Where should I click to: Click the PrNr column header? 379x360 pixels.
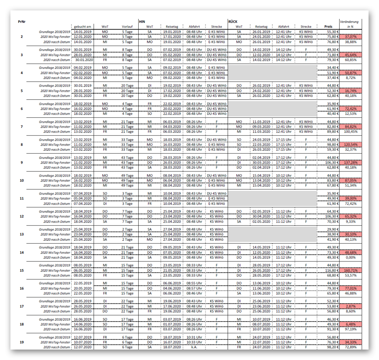pos(22,22)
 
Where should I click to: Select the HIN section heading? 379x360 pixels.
pos(142,22)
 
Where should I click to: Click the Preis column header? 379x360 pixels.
pos(328,27)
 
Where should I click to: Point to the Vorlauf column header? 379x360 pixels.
pos(127,27)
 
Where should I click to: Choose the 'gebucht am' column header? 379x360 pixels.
pos(82,27)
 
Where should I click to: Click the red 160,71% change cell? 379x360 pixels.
pos(350,271)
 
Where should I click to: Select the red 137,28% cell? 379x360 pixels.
pos(350,163)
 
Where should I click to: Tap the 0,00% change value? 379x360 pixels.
pos(350,258)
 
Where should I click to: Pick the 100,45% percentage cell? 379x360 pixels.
pos(350,132)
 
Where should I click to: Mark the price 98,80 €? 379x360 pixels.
pos(332,145)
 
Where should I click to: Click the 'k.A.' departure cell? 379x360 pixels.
pos(194,347)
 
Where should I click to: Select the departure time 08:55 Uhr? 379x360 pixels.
pos(194,283)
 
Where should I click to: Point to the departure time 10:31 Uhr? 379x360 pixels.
pos(194,337)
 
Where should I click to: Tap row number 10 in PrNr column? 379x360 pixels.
pos(22,181)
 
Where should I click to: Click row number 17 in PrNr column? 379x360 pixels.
pos(22,306)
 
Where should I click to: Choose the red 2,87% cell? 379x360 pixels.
pos(350,306)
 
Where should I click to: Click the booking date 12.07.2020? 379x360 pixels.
pos(82,347)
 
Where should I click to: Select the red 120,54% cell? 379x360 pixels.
pos(350,145)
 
